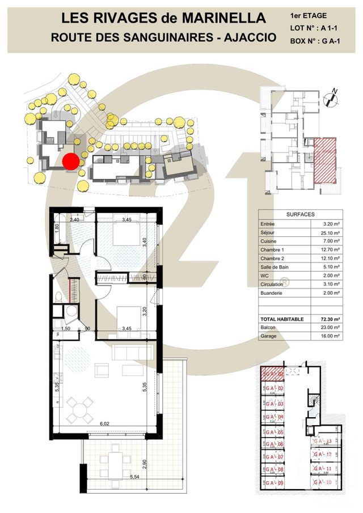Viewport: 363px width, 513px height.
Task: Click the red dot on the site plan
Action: [70, 162]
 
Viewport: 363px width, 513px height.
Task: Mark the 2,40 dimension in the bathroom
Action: [74, 219]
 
